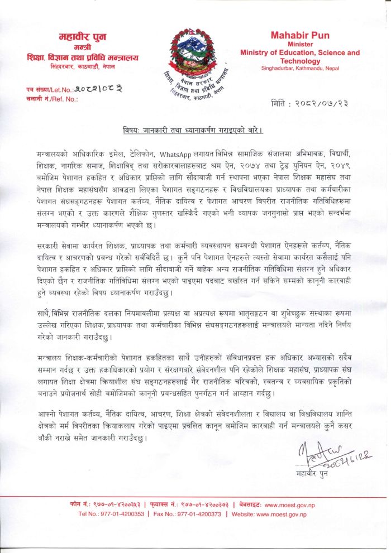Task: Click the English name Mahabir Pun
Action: [301, 35]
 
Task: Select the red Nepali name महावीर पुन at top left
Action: [82, 37]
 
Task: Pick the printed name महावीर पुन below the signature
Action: [312, 474]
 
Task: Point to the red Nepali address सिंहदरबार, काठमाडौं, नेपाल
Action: [82, 65]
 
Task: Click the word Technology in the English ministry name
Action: [301, 61]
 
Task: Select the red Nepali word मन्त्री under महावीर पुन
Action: [82, 47]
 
